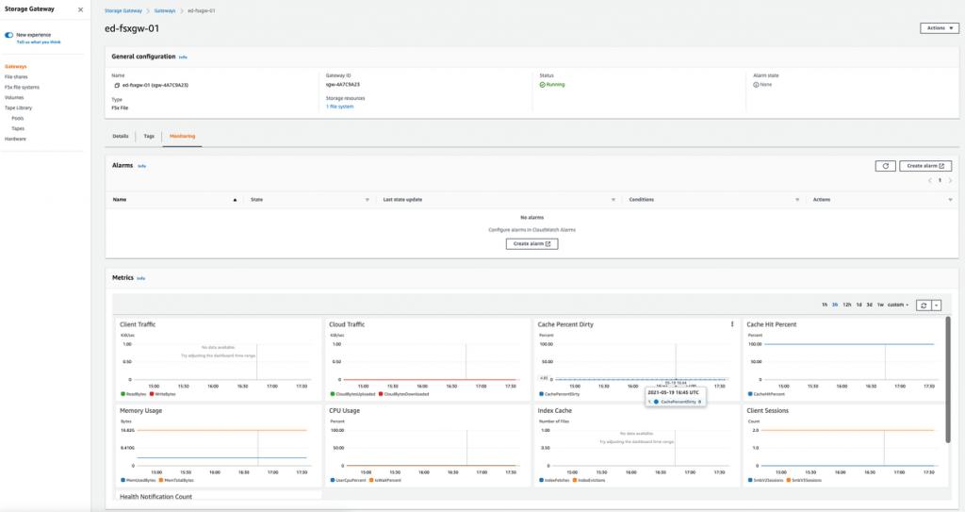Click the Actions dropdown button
[939, 28]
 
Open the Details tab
[121, 136]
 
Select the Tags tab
[149, 136]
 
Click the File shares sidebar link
[15, 77]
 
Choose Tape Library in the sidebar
[18, 107]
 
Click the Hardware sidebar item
[15, 139]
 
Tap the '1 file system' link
[340, 107]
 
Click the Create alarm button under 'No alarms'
[532, 243]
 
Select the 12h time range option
[847, 305]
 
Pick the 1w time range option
[880, 305]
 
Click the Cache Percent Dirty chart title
[565, 324]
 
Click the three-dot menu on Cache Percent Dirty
[732, 324]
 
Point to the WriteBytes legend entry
[164, 394]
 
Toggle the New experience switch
[9, 34]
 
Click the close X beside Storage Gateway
[80, 9]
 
